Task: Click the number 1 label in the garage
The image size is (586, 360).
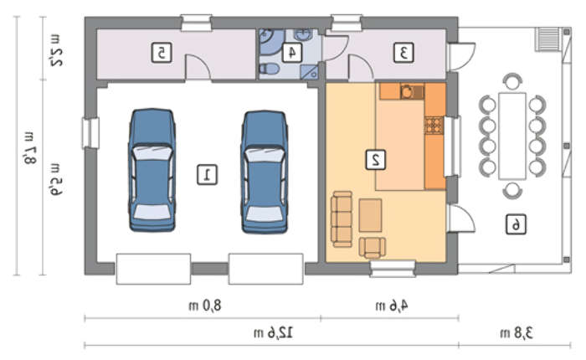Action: pyautogui.click(x=207, y=175)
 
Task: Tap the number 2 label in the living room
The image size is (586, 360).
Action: pyautogui.click(x=376, y=160)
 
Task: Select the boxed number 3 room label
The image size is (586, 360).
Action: pyautogui.click(x=404, y=53)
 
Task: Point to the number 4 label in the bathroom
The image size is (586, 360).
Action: pyautogui.click(x=292, y=53)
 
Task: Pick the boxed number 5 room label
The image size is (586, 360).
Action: pyautogui.click(x=162, y=53)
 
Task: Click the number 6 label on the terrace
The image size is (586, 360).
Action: pyautogui.click(x=517, y=224)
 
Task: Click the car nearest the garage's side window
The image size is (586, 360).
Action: pyautogui.click(x=152, y=170)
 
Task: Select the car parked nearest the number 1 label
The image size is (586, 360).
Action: pyautogui.click(x=265, y=172)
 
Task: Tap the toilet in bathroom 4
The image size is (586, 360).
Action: pyautogui.click(x=270, y=69)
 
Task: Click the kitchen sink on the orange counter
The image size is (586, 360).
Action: pyautogui.click(x=412, y=91)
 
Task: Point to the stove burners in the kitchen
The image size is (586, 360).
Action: pyautogui.click(x=434, y=126)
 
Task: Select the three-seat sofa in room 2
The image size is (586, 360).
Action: pyautogui.click(x=342, y=219)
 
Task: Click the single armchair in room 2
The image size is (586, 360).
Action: pyautogui.click(x=373, y=248)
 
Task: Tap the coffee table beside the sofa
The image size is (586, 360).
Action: pyautogui.click(x=370, y=215)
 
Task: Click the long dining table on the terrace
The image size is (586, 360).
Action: pyautogui.click(x=512, y=136)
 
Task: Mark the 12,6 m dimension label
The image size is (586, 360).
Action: pyautogui.click(x=273, y=332)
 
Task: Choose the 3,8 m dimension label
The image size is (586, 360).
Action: pyautogui.click(x=517, y=332)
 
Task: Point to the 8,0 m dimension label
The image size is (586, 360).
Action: pyautogui.click(x=205, y=306)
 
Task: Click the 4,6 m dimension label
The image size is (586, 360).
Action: pyautogui.click(x=392, y=306)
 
